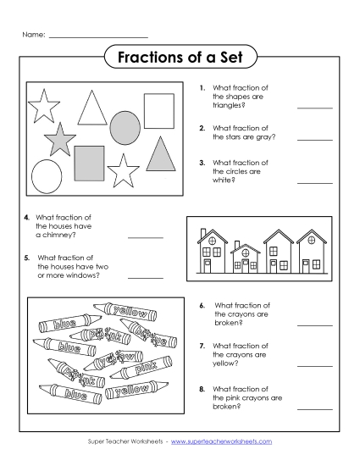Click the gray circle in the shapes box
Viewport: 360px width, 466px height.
coord(125,127)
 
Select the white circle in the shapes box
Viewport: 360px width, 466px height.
coord(47,175)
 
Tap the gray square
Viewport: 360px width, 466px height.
coord(89,162)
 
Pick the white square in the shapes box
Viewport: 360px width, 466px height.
coord(158,110)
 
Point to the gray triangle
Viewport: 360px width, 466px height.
coord(160,154)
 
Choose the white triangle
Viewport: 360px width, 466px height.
coord(91,108)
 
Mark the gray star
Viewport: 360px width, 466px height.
coord(60,140)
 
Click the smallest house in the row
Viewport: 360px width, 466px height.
coord(246,258)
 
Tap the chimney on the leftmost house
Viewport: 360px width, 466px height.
coord(199,233)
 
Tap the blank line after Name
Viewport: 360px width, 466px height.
coord(98,36)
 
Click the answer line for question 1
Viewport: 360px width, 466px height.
coord(314,108)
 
